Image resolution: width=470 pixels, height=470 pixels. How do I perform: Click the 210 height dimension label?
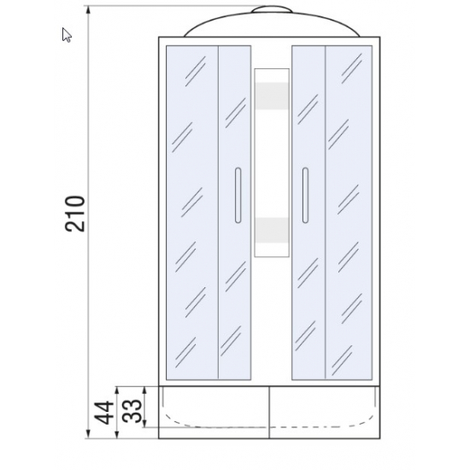(75, 214)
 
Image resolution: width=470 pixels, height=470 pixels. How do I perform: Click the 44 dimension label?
(104, 413)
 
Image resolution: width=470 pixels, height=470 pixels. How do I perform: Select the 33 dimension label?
(132, 411)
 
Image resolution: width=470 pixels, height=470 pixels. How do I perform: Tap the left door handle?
(238, 195)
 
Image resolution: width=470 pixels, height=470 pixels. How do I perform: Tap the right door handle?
(305, 195)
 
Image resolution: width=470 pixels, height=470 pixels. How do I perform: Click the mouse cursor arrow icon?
(67, 35)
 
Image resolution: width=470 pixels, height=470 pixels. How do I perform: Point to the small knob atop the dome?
(272, 9)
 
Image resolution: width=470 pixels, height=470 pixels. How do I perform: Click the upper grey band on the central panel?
(272, 96)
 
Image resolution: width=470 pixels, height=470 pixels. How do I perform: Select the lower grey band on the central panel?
(272, 230)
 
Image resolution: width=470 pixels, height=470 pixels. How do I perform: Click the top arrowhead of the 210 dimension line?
(88, 10)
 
